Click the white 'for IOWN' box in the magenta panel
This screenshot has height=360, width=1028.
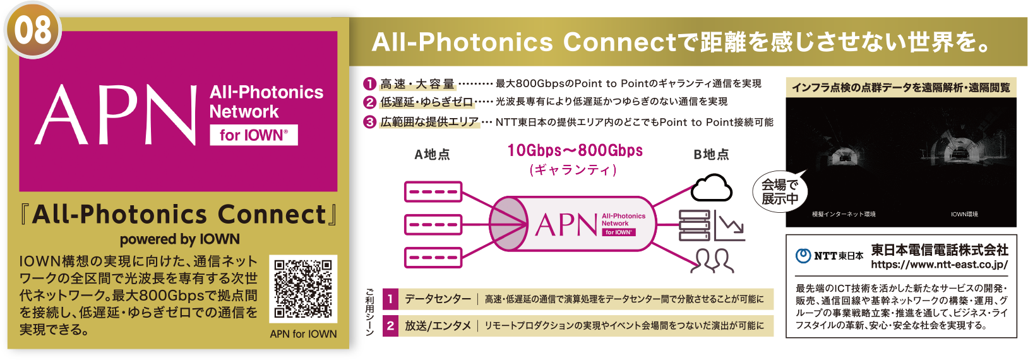click(254, 135)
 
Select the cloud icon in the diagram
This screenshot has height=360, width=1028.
click(712, 188)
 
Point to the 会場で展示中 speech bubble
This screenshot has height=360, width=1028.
click(780, 191)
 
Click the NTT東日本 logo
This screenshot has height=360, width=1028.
click(829, 256)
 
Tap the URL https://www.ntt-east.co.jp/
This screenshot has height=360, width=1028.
click(939, 265)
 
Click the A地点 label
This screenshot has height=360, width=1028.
click(433, 155)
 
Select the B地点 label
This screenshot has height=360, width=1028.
click(711, 155)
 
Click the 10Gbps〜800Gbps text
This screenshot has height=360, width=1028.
click(575, 151)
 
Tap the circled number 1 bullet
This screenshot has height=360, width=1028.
click(369, 84)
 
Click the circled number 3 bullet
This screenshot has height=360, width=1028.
click(369, 122)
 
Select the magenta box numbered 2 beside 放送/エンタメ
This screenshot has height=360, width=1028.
click(390, 326)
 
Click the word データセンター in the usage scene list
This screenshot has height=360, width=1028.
click(438, 299)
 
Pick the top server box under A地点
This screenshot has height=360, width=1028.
click(433, 191)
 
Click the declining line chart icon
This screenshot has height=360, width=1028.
click(731, 227)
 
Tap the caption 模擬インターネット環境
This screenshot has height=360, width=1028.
click(844, 215)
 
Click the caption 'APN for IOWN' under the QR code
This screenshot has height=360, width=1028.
click(303, 334)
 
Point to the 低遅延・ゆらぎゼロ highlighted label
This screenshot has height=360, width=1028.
click(426, 102)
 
